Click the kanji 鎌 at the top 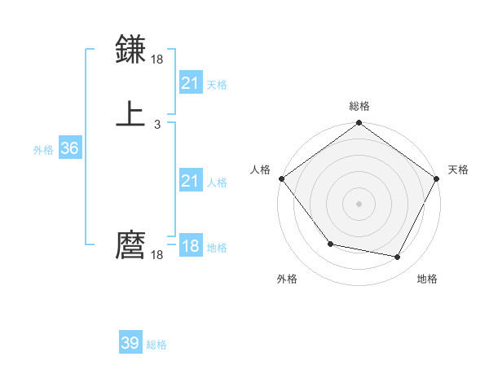pos(131,51)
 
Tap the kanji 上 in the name pos(131,113)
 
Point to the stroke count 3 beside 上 pos(156,125)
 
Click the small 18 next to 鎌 pos(157,60)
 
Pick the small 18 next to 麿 pos(157,255)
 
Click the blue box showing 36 pos(69,148)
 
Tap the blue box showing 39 pos(130,343)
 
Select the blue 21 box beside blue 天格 pos(190,83)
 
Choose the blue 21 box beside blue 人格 pos(190,181)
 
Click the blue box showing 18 pos(190,246)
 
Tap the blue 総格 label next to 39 pos(156,345)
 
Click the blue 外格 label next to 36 pos(43,150)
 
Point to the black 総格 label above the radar pos(359,106)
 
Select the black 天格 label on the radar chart pos(458,169)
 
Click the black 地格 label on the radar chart pos(427,279)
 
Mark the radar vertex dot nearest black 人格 pos(281,178)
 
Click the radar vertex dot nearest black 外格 pos(330,244)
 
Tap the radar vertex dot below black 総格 pos(359,123)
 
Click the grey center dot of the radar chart pos(359,203)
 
